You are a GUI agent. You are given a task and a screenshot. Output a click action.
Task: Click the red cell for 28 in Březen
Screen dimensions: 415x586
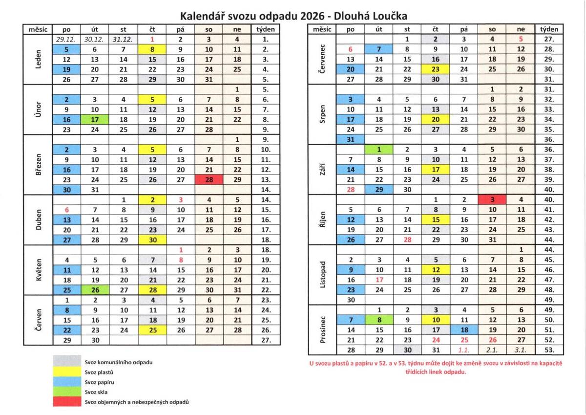209,179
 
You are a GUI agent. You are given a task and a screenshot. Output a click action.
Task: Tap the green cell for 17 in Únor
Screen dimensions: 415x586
95,119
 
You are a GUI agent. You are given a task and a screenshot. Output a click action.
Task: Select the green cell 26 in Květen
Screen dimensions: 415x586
95,290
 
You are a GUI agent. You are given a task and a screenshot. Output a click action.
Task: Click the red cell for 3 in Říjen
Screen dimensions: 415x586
492,199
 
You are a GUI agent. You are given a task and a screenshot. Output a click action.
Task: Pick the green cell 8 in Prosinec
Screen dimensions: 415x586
379,320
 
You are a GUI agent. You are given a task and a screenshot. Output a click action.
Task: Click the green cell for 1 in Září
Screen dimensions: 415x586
379,149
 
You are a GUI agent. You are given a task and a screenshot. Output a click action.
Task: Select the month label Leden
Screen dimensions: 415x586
38,59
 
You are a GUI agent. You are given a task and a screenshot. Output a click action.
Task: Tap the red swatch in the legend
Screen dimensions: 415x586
67,402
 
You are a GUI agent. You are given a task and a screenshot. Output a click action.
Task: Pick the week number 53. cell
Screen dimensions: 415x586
549,350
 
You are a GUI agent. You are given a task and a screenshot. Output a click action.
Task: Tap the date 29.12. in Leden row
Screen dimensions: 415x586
67,39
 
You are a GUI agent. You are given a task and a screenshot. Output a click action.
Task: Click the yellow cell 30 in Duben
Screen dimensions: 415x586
152,240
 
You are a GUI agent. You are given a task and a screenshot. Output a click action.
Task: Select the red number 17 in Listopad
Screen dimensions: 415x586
379,280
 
